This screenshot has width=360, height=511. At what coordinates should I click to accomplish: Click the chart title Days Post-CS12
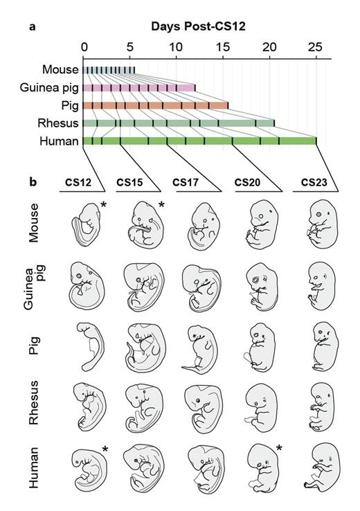click(x=199, y=28)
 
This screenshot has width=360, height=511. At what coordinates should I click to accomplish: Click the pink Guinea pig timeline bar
click(x=138, y=88)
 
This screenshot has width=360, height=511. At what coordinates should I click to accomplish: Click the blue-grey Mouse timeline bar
click(x=109, y=70)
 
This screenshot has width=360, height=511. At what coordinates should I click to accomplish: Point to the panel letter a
click(x=33, y=28)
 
